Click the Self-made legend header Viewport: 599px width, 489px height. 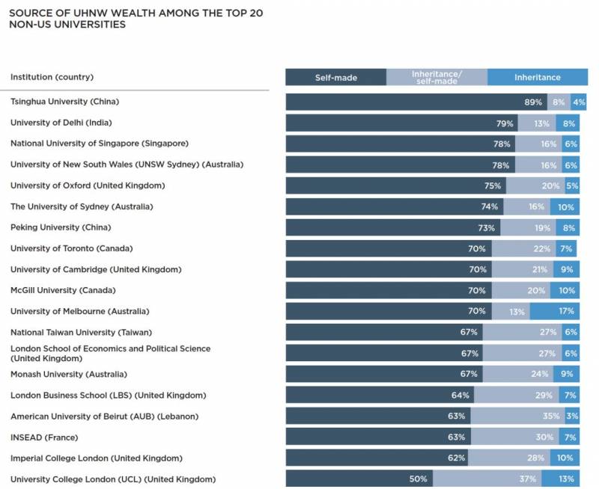click(x=335, y=77)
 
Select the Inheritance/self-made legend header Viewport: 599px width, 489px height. click(x=437, y=77)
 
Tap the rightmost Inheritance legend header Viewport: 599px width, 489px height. click(x=537, y=77)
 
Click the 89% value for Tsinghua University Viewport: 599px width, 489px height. click(x=533, y=102)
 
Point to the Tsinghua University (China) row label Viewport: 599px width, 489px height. click(x=65, y=101)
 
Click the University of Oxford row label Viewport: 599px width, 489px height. click(x=88, y=185)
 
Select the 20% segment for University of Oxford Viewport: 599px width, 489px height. click(x=550, y=185)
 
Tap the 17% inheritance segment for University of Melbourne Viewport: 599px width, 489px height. click(x=566, y=311)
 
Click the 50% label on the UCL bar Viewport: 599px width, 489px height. click(x=419, y=479)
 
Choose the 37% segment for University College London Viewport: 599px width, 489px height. click(x=527, y=479)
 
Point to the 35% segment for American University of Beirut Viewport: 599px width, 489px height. click(x=550, y=416)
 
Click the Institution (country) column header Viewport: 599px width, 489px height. click(x=52, y=77)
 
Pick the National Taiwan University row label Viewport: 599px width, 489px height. click(x=82, y=331)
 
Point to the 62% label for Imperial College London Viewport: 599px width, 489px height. click(x=456, y=458)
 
